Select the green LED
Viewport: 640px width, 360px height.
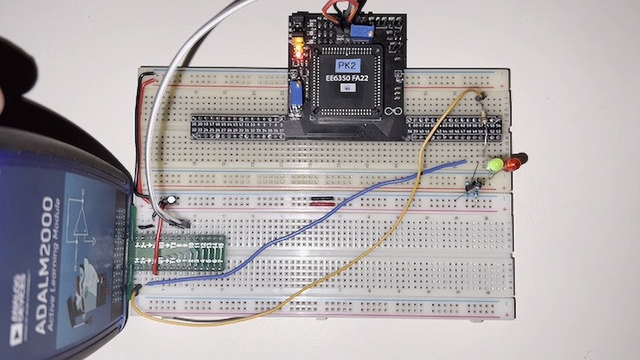(492, 166)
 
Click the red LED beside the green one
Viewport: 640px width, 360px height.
(512, 164)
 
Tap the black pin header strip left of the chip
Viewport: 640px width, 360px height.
(238, 126)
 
